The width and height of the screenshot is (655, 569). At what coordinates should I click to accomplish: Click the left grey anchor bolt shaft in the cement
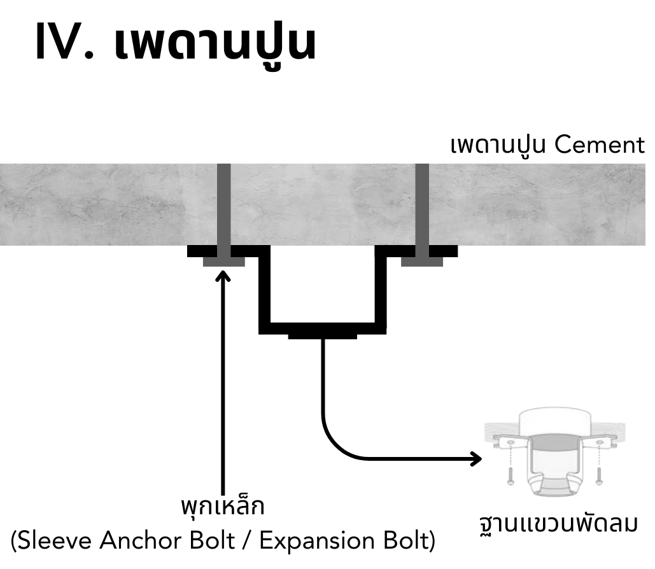(x=224, y=204)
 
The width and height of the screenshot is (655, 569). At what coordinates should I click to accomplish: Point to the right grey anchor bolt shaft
(x=422, y=204)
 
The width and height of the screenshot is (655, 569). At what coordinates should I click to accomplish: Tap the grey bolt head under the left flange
(x=224, y=262)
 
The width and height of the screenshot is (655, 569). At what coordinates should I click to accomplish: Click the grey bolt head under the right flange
(x=422, y=262)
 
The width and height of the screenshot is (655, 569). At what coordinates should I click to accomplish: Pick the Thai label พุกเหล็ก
(x=222, y=509)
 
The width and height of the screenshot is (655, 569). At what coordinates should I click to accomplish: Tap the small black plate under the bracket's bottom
(x=322, y=335)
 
